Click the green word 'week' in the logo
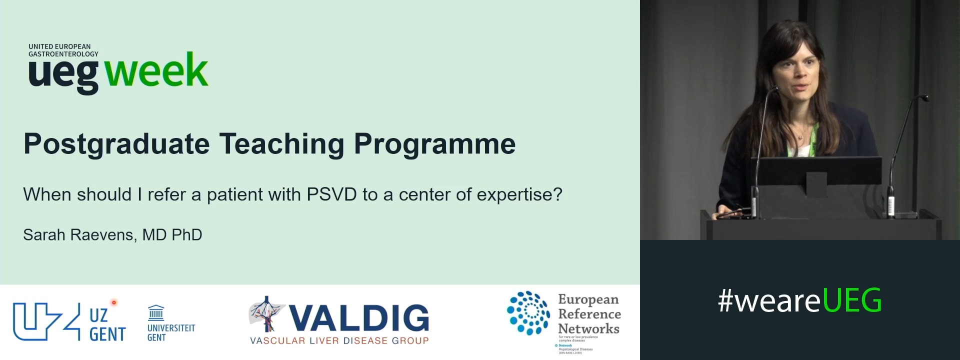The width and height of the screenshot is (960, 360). pos(156,71)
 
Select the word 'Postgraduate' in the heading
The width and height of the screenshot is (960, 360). pos(116,144)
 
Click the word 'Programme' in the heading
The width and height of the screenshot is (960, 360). pos(434,144)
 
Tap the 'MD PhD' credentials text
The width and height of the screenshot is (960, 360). pos(172,235)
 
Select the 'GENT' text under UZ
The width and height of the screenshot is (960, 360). pos(107,334)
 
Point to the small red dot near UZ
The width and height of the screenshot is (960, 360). pos(114,302)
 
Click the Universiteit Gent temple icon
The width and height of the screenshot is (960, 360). pos(156,313)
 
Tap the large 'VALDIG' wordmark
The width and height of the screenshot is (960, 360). pos(358,318)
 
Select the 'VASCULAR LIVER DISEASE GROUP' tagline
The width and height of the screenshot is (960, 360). pos(339,341)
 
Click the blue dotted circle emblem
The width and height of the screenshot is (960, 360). pos(528,312)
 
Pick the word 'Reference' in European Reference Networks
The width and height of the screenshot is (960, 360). pos(589,314)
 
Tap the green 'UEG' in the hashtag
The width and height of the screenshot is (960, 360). pos(851,300)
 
